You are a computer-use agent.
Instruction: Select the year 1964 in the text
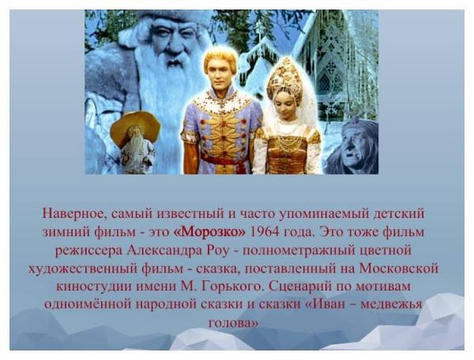(265, 232)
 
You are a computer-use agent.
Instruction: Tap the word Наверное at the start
(73, 214)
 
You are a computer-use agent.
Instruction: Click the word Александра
(164, 250)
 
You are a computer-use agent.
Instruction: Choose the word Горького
(231, 287)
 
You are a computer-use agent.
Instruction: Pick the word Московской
(399, 268)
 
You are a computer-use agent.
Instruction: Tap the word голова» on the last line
(234, 323)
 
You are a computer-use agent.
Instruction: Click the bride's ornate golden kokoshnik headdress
(285, 79)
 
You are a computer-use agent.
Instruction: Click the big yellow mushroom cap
(135, 126)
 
